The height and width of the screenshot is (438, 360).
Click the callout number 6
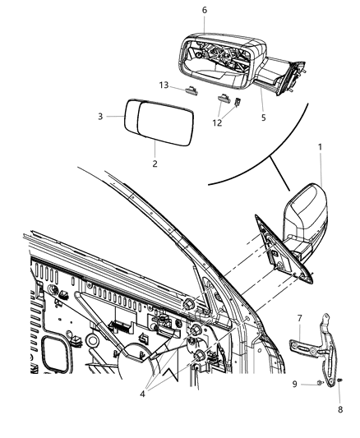[205, 9]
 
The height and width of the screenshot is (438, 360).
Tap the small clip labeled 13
[192, 90]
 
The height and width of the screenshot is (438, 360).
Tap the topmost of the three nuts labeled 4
[188, 304]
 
